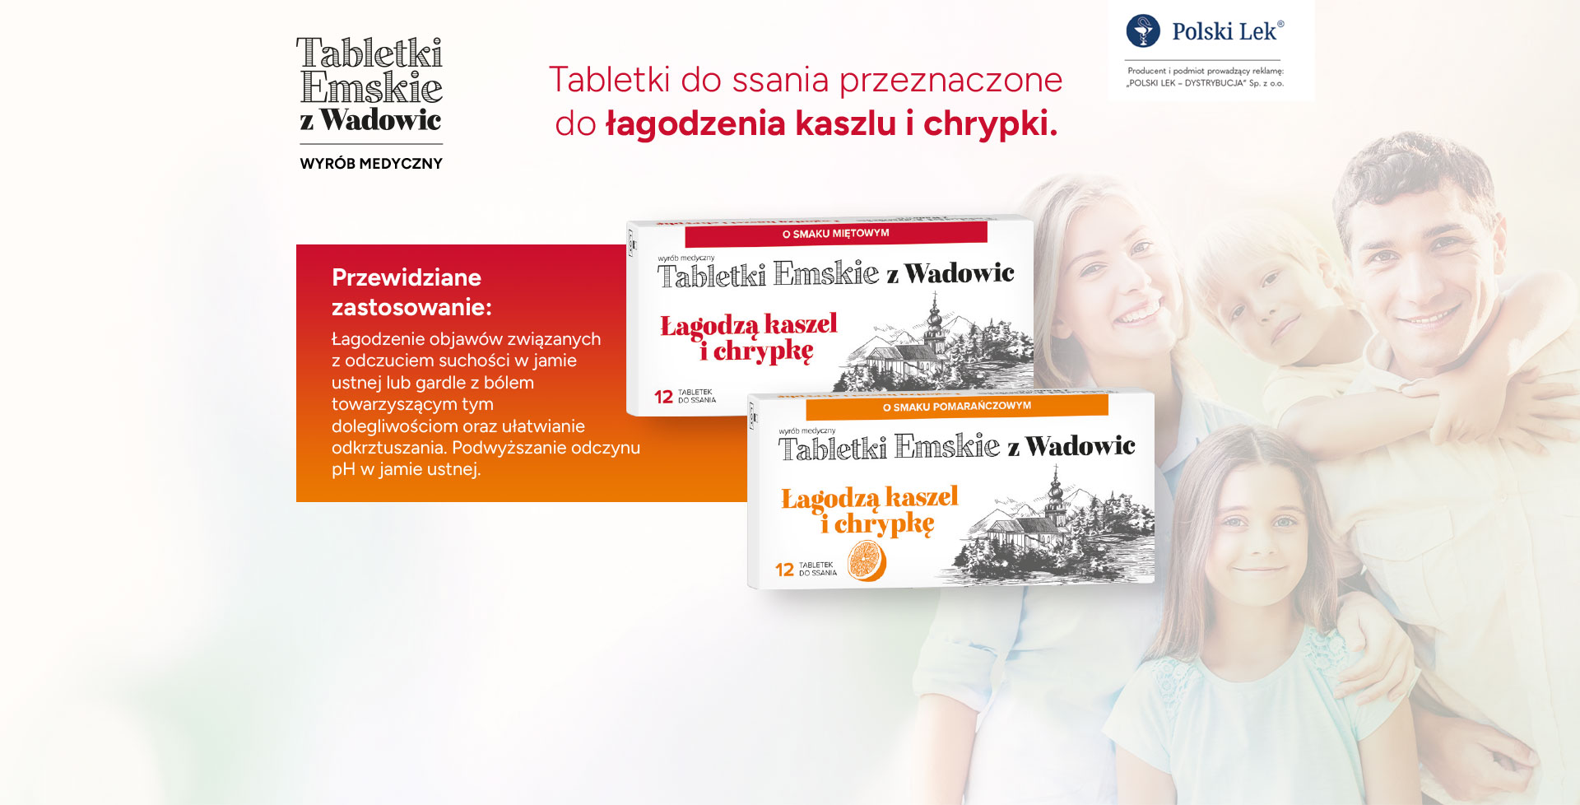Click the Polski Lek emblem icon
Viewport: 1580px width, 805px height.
(1143, 31)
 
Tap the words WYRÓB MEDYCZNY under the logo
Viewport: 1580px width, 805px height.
(371, 164)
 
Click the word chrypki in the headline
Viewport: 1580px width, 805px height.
(985, 124)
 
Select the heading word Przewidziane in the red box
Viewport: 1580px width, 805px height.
(407, 277)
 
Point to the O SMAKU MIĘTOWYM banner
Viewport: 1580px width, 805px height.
(836, 234)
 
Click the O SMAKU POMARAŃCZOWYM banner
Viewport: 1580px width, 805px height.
(957, 407)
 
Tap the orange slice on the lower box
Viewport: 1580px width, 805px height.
(867, 561)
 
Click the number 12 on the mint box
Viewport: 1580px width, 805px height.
(663, 397)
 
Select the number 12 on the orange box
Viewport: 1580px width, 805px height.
(784, 570)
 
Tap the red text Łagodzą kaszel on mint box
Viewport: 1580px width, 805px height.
(749, 325)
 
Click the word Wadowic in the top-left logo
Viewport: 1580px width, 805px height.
(381, 120)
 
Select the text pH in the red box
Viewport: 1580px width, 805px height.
(343, 470)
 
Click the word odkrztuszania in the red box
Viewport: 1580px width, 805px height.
(388, 448)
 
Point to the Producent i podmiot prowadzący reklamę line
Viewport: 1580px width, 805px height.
(1206, 71)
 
